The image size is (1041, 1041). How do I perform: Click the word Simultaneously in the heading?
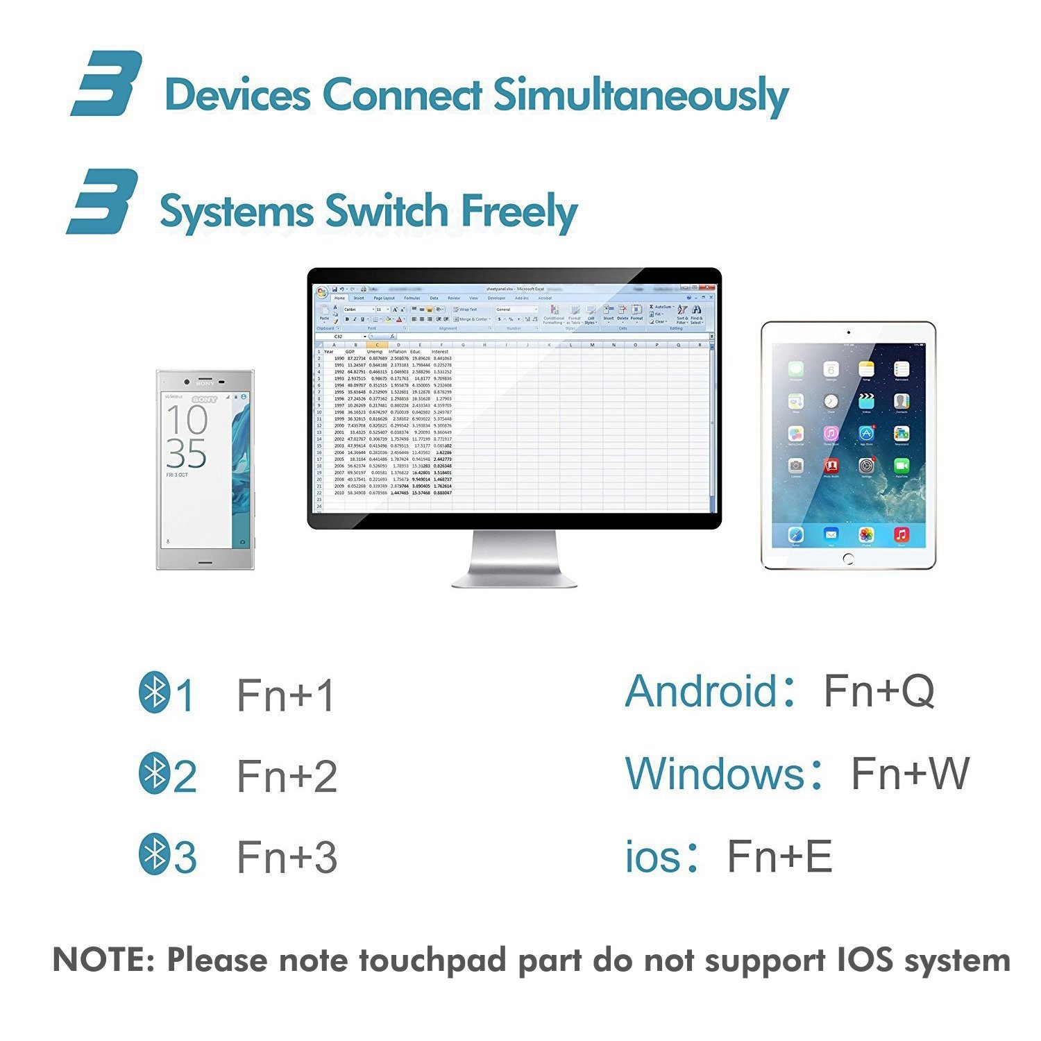click(641, 95)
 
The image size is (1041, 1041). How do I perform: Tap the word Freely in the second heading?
click(519, 212)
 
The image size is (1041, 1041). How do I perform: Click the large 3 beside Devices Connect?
click(107, 83)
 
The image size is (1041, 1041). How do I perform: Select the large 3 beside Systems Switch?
click(103, 201)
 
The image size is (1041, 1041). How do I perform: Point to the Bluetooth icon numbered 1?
click(153, 693)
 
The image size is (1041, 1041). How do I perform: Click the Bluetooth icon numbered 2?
click(153, 775)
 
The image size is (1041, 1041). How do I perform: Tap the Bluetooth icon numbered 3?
click(153, 855)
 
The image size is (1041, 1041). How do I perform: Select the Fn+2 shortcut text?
click(287, 776)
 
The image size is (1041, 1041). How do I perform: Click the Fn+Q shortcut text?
click(879, 691)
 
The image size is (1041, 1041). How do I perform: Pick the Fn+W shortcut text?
click(910, 773)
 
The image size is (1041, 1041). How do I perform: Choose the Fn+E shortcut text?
click(779, 856)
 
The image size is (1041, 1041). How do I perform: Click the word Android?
click(701, 691)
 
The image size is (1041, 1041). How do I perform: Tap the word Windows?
click(715, 773)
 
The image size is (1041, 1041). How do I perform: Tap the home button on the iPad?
click(848, 558)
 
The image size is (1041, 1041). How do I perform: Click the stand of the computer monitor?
click(514, 559)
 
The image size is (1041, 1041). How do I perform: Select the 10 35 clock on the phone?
click(187, 437)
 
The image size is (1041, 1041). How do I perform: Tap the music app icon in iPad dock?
click(901, 534)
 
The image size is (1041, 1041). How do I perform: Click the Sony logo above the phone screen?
click(205, 383)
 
